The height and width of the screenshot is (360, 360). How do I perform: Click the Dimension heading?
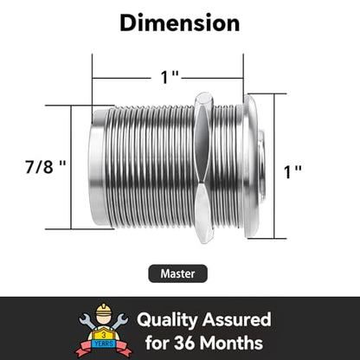[x=180, y=23]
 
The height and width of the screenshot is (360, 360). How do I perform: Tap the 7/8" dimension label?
[x=46, y=166]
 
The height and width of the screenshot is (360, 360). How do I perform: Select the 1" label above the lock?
[x=170, y=77]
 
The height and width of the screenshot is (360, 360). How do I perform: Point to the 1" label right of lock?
[x=292, y=172]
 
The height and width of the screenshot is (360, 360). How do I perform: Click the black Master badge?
[x=177, y=273]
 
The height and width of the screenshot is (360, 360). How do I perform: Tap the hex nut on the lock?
[x=204, y=168]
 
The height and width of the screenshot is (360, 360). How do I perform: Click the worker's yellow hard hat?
[x=104, y=310]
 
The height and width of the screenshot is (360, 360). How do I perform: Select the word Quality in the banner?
[x=167, y=320]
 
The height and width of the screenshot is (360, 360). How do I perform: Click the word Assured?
[x=236, y=319]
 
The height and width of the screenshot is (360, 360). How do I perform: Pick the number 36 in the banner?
[x=184, y=343]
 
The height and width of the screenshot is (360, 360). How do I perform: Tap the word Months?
[x=231, y=343]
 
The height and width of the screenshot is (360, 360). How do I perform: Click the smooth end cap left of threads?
[x=98, y=167]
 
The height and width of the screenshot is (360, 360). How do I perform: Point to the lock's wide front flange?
[x=250, y=166]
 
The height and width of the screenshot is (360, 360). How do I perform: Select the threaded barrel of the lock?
[x=151, y=168]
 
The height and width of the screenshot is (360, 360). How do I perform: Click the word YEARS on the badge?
[x=104, y=344]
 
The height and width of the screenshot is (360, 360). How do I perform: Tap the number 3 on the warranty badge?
[x=104, y=335]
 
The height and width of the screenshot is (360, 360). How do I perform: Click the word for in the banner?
[x=157, y=343]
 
